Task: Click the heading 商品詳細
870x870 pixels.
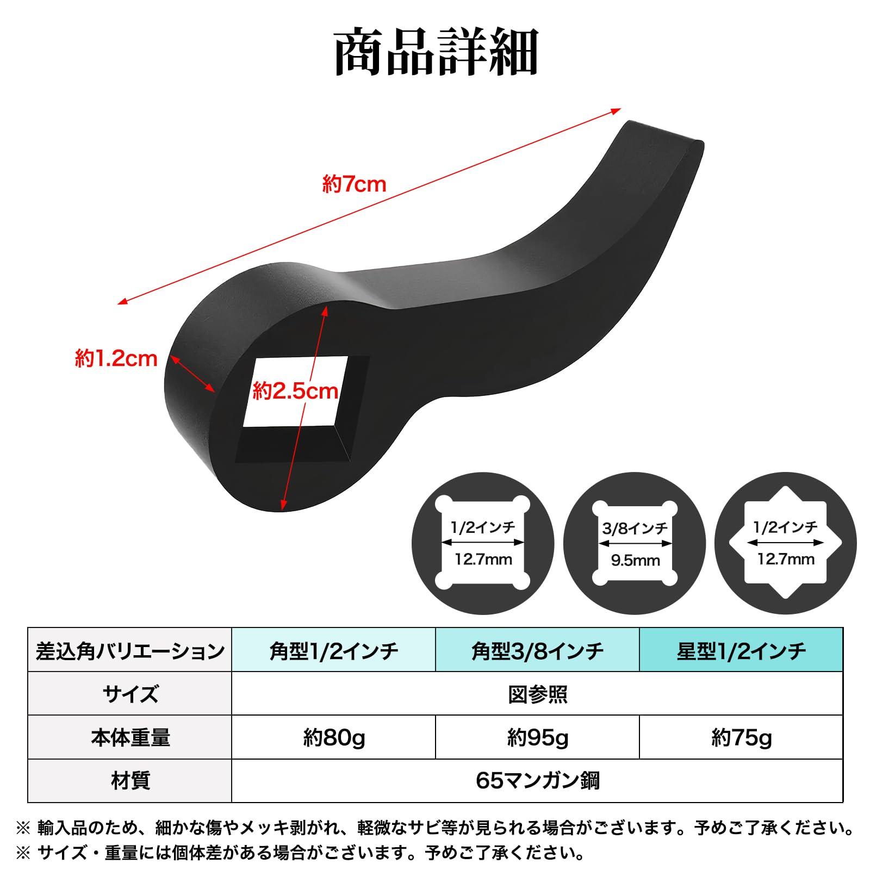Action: coord(436,52)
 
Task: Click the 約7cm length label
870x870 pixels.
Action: coord(354,184)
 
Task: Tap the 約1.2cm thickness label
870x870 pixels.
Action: coord(116,359)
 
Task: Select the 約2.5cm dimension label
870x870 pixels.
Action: coord(295,391)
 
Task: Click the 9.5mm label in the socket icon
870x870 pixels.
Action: coord(635,561)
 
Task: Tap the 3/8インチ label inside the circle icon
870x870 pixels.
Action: coord(635,528)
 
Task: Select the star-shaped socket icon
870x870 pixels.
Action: coord(785,543)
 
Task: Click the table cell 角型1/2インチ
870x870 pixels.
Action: coord(333,650)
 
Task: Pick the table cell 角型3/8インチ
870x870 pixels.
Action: coord(537,650)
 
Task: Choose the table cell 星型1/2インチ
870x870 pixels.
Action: coord(741,650)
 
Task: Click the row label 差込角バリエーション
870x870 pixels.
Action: coord(130,650)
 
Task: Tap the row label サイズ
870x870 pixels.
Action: coord(130,694)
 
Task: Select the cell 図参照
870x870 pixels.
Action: coord(537,694)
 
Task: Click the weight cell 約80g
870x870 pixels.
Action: coord(333,737)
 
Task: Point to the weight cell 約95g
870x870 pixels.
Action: coord(537,737)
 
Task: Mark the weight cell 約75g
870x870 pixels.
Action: coord(741,737)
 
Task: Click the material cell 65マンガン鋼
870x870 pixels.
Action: coord(537,781)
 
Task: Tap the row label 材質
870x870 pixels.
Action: coord(130,781)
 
